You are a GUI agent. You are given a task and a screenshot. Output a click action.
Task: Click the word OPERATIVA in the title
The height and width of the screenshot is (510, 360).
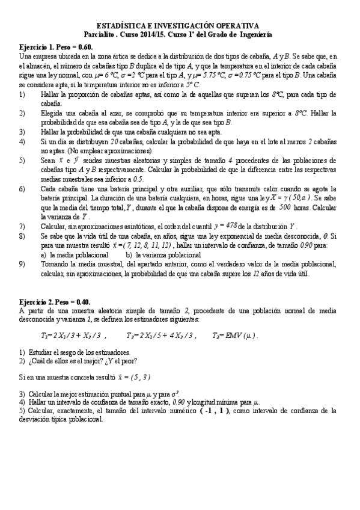pyautogui.click(x=237, y=26)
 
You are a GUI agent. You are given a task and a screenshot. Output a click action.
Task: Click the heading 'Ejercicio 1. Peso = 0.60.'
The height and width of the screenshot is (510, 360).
pyautogui.click(x=56, y=47)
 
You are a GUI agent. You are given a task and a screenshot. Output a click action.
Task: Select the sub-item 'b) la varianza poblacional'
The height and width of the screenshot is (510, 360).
pyautogui.click(x=164, y=255)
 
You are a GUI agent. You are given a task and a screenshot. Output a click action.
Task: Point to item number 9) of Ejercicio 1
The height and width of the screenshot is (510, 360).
pyautogui.click(x=22, y=263)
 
